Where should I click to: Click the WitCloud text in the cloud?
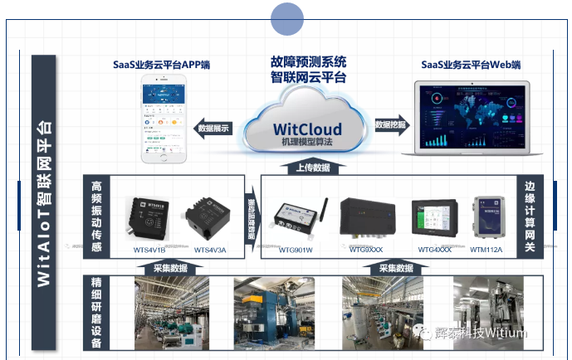point(308,129)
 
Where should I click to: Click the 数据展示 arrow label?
point(214,128)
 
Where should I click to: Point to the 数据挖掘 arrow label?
point(391,124)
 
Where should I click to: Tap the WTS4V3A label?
point(210,250)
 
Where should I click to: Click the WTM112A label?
point(486,249)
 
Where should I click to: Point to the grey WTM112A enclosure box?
point(489,217)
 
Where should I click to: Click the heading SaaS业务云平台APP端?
point(161,65)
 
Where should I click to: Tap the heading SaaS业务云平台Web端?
point(471,65)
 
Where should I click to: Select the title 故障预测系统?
point(309,62)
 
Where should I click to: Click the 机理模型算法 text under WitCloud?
point(307,143)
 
